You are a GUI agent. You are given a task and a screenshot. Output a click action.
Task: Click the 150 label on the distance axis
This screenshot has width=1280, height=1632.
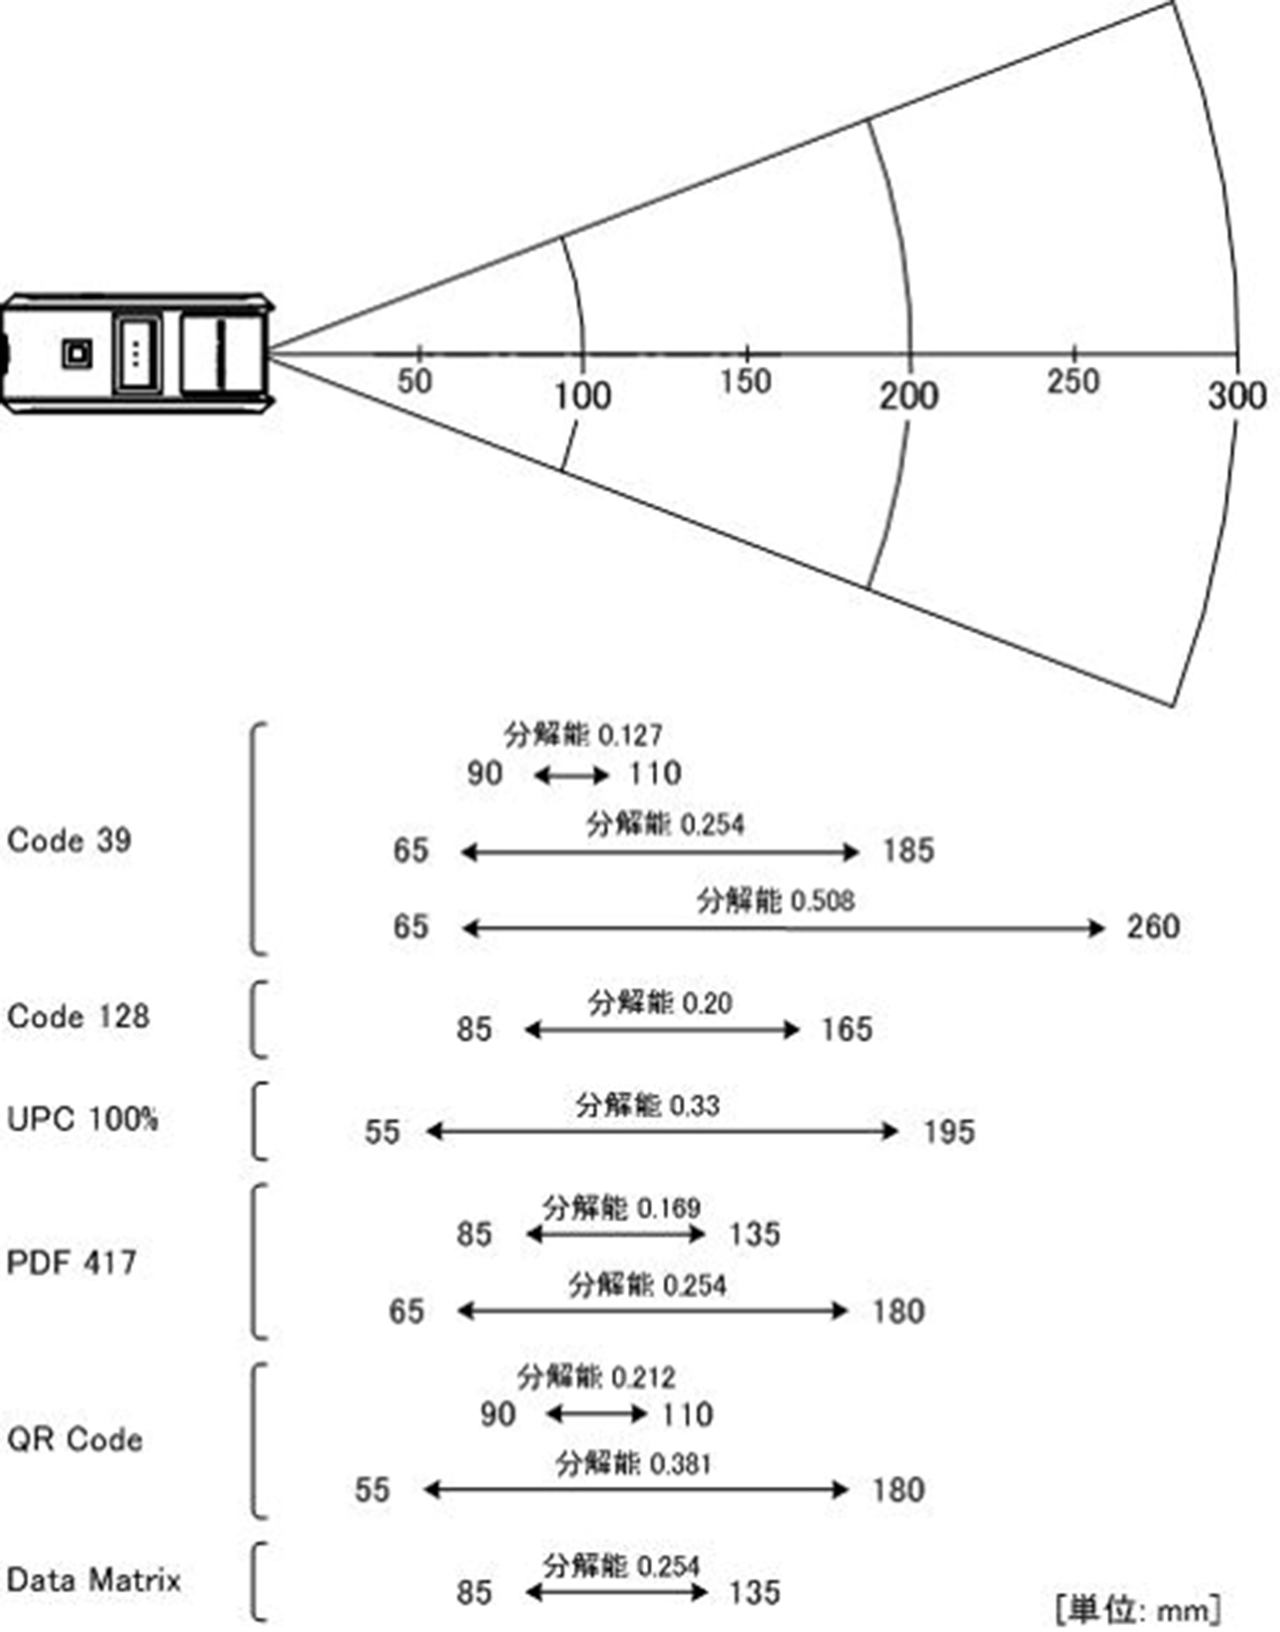click(745, 382)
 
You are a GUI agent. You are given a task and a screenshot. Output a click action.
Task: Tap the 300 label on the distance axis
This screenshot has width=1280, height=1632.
click(1237, 396)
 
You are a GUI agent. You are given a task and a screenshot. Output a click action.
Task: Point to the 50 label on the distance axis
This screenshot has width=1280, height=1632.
click(414, 382)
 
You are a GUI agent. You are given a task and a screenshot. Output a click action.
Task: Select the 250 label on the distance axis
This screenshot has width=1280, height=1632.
click(1073, 382)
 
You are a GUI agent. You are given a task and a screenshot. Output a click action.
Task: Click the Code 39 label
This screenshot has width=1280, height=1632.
click(69, 840)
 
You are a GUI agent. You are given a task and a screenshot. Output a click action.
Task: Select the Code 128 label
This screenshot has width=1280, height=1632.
click(78, 1016)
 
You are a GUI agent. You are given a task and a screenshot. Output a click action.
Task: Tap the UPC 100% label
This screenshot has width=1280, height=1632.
click(83, 1118)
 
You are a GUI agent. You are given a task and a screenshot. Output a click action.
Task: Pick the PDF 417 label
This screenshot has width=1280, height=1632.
click(72, 1263)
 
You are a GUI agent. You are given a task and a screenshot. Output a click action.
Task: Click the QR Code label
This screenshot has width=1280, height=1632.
click(75, 1439)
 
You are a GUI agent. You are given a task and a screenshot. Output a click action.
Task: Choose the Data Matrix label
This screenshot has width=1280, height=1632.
click(93, 1580)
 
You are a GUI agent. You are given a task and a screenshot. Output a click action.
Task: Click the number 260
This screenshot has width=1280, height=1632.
click(1153, 926)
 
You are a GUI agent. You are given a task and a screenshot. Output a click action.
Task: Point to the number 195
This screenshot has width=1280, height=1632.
click(949, 1131)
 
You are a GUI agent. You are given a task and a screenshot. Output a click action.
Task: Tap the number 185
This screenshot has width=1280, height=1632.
click(908, 851)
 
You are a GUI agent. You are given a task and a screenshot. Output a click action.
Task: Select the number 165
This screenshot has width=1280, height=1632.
click(847, 1029)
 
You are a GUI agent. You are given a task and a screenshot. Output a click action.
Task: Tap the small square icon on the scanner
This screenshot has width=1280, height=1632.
click(77, 354)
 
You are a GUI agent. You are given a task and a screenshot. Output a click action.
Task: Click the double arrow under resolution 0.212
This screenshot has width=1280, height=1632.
click(595, 1414)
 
